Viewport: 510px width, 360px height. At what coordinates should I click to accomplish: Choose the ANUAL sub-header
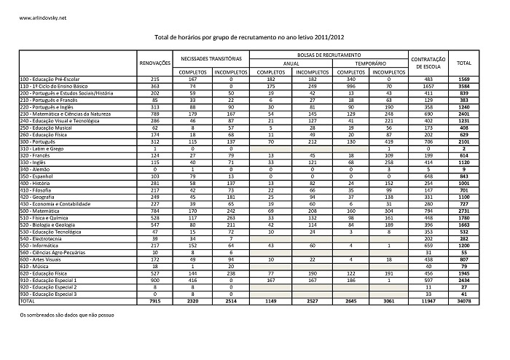[291, 63]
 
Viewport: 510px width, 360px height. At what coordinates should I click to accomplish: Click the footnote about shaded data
[66, 317]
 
